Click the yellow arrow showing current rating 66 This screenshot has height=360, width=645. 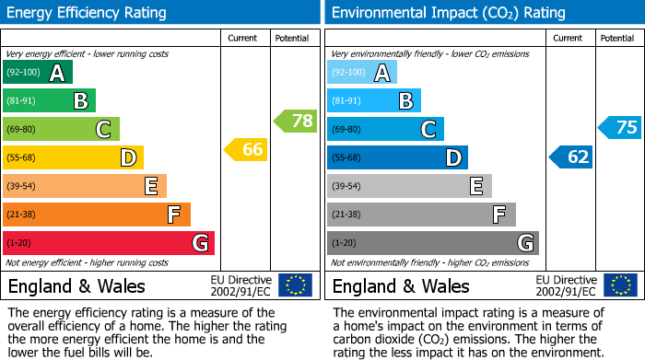tap(246, 149)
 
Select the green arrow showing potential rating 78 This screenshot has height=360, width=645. tap(295, 121)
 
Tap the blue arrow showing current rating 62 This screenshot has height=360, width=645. tap(570, 157)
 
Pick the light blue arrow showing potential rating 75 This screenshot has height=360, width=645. tap(619, 128)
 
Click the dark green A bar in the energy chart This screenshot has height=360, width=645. tap(38, 73)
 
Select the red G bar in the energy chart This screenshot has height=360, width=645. tap(109, 243)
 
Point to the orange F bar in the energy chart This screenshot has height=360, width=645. tap(97, 215)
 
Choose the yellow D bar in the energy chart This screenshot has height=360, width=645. tap(73, 157)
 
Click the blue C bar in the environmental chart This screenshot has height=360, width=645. tap(385, 129)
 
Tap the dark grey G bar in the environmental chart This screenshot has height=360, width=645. tap(432, 243)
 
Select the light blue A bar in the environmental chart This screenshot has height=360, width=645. tap(362, 73)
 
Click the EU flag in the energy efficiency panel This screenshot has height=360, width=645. tap(295, 285)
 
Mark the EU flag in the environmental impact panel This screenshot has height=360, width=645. tap(619, 285)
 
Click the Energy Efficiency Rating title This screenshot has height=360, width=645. tap(88, 13)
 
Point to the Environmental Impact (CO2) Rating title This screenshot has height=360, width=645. tap(448, 13)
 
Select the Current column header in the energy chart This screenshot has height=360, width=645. tap(244, 38)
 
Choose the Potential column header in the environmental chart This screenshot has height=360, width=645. tap(617, 38)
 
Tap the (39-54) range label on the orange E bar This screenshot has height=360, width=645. tap(20, 186)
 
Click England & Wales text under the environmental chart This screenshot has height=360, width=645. tap(401, 285)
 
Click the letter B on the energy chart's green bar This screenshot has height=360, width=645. tap(80, 101)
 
